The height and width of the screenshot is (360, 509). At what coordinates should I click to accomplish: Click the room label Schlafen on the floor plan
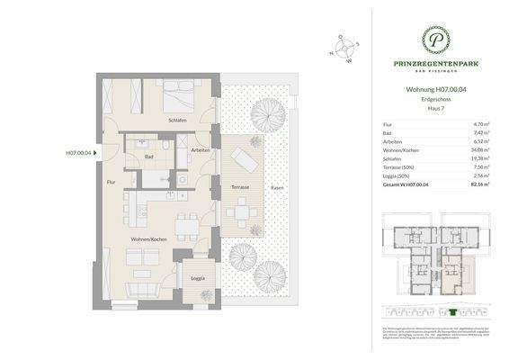coord(176,120)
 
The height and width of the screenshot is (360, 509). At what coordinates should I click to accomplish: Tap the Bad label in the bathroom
coord(148,157)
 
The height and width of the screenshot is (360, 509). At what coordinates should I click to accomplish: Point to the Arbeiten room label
coord(200,149)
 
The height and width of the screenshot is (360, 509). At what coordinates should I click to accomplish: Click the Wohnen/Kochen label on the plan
coord(150,240)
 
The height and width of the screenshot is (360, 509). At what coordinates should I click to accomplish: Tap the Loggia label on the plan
coord(198,277)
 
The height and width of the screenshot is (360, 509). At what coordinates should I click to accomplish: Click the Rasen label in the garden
coord(278,187)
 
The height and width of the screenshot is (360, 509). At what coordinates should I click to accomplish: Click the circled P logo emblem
coord(434,38)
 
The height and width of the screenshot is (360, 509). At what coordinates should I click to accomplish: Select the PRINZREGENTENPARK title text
coord(434,64)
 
